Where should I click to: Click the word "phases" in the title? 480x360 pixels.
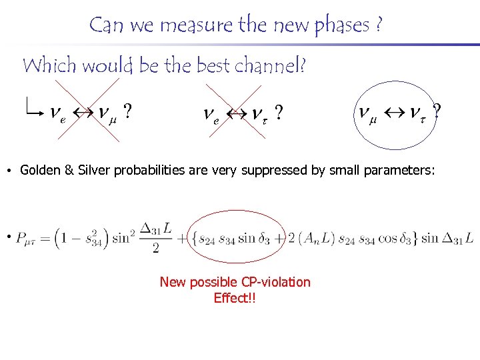342,26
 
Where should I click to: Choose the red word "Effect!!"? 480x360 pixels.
235,298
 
